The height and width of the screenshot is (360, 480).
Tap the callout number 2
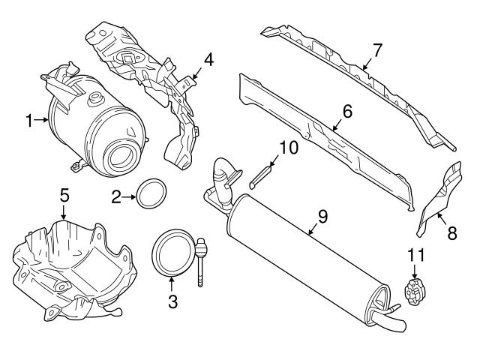[x=116, y=198]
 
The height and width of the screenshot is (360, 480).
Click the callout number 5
[x=64, y=194]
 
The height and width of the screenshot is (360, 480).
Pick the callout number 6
[x=346, y=111]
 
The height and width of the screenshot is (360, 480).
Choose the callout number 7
[x=377, y=50]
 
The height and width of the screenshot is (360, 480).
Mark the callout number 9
[x=322, y=217]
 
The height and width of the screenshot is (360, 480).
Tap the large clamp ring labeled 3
[x=172, y=252]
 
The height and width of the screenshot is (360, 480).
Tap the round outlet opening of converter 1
[x=120, y=158]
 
